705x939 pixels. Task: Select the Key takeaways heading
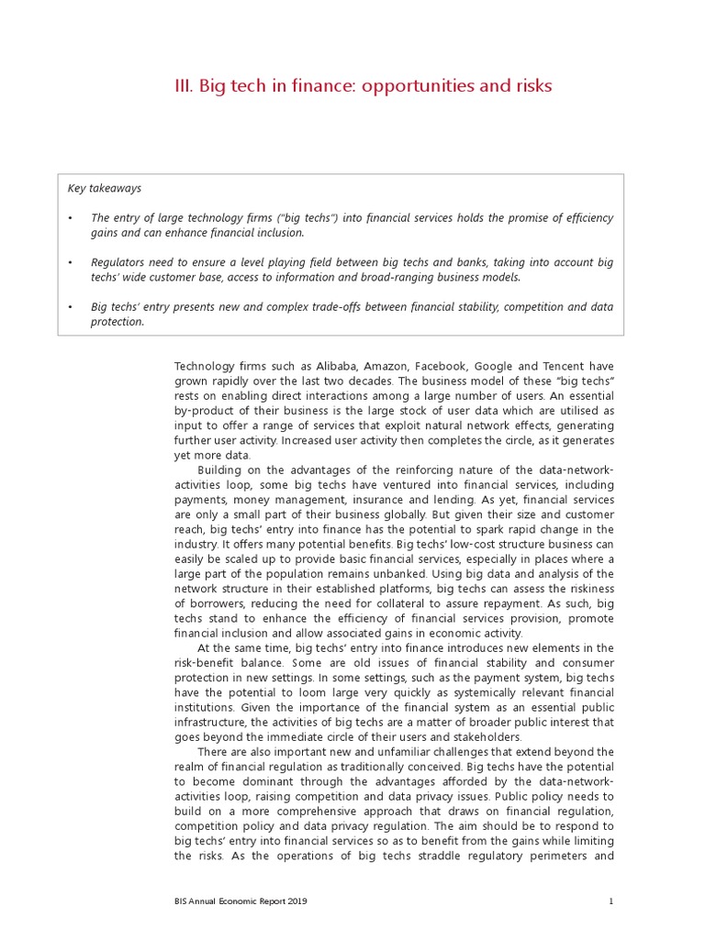click(105, 188)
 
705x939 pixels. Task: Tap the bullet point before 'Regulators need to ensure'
click(70, 262)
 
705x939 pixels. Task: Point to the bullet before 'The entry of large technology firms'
click(70, 217)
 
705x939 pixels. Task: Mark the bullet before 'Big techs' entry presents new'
click(70, 306)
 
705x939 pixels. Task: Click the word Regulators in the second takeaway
click(118, 262)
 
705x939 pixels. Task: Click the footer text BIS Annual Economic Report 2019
click(241, 901)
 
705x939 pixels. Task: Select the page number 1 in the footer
click(610, 901)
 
